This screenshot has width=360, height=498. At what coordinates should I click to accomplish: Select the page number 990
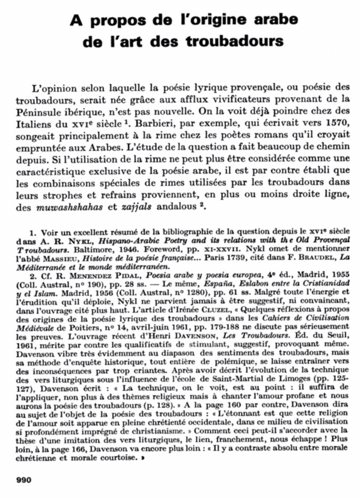[x=24, y=480]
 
